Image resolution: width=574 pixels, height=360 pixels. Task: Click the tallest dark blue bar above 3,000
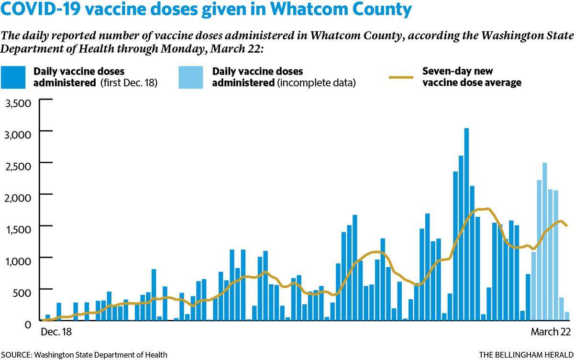click(466, 224)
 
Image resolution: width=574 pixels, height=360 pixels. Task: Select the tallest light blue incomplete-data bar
click(544, 242)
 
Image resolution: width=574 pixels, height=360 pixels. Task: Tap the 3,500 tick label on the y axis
click(18, 103)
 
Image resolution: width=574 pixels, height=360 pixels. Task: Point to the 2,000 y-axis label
click(18, 198)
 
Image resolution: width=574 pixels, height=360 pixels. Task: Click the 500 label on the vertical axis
click(22, 293)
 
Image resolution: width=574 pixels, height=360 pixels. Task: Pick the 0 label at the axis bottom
click(28, 325)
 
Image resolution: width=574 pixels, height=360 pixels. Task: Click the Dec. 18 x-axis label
click(56, 332)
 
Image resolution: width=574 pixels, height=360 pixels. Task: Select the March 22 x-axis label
click(551, 332)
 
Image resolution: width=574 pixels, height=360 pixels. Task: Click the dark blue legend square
click(13, 77)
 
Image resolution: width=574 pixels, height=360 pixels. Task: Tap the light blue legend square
click(191, 77)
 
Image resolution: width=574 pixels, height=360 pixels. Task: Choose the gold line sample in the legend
click(401, 77)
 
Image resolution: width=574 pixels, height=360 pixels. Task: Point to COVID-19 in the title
click(41, 9)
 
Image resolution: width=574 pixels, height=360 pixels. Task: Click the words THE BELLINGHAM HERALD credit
click(526, 355)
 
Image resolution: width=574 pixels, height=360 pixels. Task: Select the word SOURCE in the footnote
click(16, 355)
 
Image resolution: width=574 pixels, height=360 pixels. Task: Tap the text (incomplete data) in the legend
click(316, 83)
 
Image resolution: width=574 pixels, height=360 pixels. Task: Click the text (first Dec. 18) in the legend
click(129, 83)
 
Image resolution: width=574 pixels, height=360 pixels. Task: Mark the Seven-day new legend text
click(458, 71)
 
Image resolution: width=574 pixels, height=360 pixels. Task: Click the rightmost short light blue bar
click(567, 316)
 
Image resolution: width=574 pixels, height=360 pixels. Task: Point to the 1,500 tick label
click(18, 229)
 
